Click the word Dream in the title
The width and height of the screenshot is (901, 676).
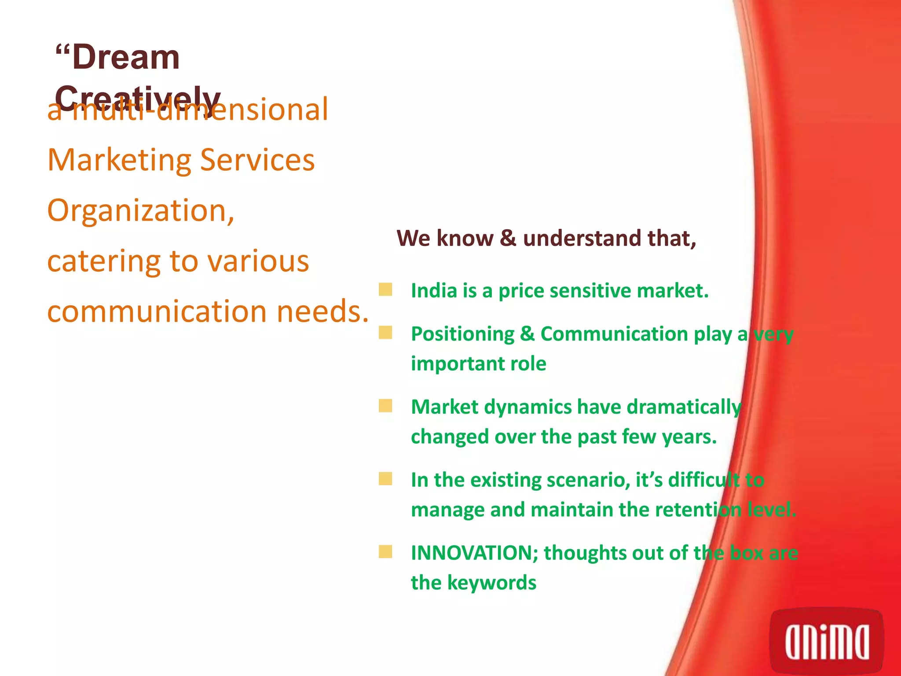tap(125, 58)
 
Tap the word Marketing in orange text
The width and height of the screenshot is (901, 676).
tap(119, 161)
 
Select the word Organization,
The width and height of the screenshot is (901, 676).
tap(141, 211)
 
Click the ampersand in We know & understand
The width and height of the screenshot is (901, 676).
tap(508, 238)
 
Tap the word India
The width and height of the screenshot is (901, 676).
tap(433, 291)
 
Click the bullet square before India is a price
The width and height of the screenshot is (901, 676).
tap(385, 290)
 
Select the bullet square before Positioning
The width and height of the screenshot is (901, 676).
tap(385, 333)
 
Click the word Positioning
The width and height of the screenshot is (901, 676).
tap(462, 334)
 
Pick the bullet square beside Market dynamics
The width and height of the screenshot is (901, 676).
tap(385, 406)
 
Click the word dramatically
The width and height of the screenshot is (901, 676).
tap(684, 408)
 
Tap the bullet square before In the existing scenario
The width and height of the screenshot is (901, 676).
tap(385, 479)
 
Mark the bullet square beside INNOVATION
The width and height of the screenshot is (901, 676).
tap(385, 552)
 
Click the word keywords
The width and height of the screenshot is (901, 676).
tap(492, 583)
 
